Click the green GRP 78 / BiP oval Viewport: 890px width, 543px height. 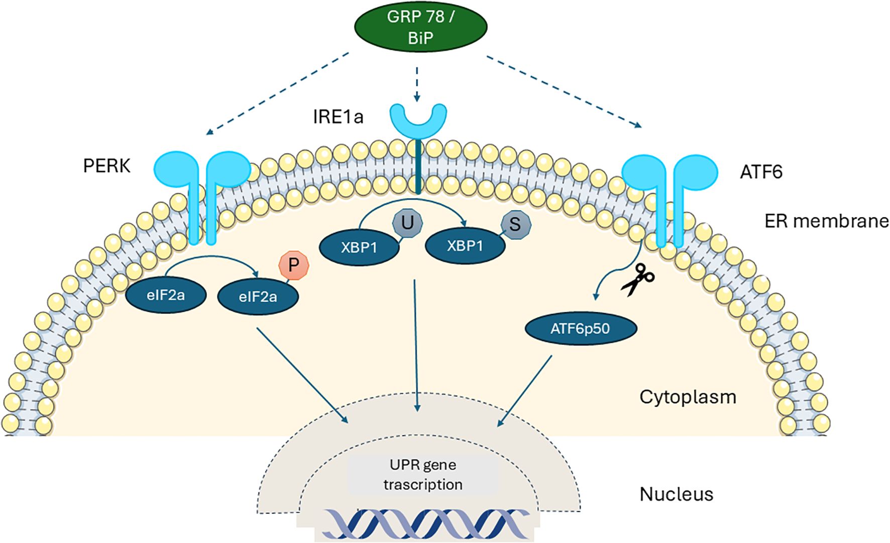coord(421,27)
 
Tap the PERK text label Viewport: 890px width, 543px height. coord(106,165)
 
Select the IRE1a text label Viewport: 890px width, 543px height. coord(338,117)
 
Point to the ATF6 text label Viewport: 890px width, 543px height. coord(761,172)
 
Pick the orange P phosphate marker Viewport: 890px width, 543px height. coord(294,265)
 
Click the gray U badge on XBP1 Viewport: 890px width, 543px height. coord(407,222)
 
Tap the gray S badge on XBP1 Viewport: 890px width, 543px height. coord(515,224)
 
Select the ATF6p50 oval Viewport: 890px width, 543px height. coord(580,329)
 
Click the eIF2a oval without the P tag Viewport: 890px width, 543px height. coord(165,295)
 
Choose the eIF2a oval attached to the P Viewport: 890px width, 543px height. coord(258,297)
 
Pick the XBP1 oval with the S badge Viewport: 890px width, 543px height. coord(465,246)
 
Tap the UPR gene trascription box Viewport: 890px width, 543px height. coord(423,475)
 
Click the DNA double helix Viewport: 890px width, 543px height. coord(426,524)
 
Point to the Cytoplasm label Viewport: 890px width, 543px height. coord(688,397)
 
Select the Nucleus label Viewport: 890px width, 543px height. coord(676,494)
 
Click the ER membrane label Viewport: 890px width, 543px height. coord(826,221)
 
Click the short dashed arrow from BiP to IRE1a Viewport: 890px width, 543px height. coord(417,83)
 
